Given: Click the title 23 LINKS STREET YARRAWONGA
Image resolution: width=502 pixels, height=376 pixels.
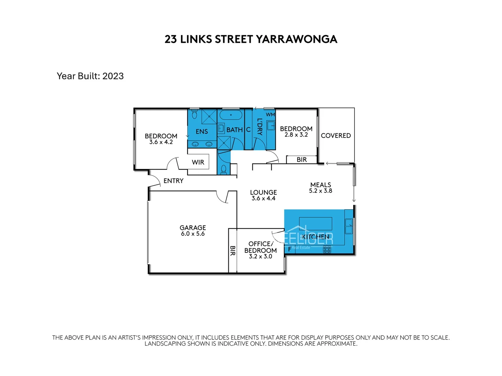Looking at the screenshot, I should tap(251, 39).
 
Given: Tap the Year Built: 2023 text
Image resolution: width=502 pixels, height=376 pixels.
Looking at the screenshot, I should tap(90, 76).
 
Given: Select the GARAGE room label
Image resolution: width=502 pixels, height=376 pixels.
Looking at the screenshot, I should tap(193, 227).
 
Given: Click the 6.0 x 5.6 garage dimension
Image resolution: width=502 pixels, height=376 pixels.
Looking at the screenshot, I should tap(193, 234).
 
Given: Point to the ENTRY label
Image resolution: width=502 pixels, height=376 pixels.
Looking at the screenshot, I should tap(173, 181).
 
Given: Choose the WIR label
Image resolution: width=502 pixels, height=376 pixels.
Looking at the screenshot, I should tap(198, 162).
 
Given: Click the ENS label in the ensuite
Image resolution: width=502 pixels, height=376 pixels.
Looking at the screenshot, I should tap(202, 131).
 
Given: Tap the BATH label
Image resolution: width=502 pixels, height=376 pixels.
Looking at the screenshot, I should tap(234, 130).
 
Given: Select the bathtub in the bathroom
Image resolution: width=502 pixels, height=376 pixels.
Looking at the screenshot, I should tap(231, 115).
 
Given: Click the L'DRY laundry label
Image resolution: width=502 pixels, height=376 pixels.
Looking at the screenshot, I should tap(259, 127).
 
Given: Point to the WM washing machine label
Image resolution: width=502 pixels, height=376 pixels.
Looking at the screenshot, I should tap(271, 115).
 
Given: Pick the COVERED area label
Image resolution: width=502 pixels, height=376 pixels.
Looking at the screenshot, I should tap(336, 135).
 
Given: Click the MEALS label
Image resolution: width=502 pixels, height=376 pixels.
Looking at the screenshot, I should tap(321, 185).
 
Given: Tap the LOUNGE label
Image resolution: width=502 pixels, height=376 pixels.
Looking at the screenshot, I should tap(264, 192).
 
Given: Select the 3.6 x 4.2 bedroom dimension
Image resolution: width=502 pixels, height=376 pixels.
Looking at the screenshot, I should tap(161, 142).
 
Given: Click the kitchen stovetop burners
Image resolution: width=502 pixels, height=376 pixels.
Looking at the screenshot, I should tap(327, 249).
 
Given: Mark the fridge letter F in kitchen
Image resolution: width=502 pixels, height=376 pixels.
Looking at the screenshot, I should tap(289, 249).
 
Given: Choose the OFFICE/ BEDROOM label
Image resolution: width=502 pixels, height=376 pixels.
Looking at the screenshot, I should tap(261, 247).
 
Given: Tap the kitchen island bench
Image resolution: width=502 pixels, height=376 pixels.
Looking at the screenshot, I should tap(315, 223).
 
